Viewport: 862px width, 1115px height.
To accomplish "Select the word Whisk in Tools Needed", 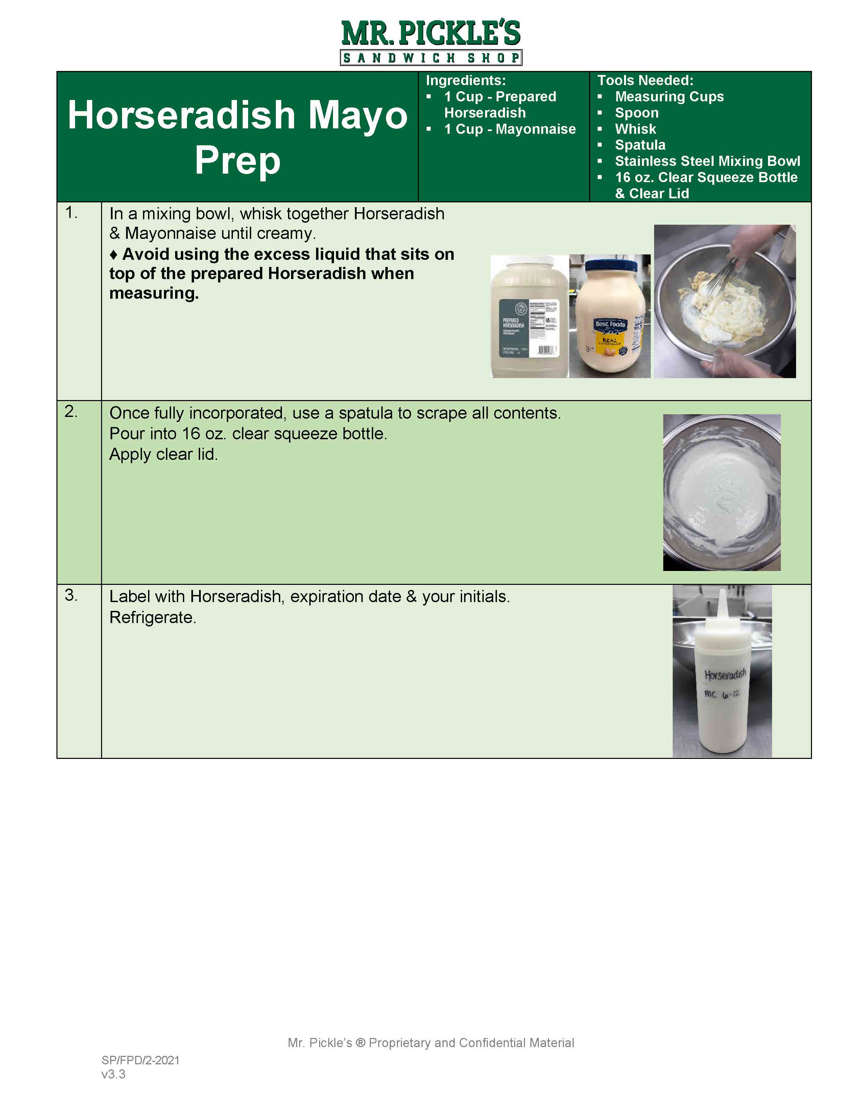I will click(635, 129).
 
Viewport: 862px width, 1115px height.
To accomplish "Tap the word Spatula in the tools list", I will click(640, 145).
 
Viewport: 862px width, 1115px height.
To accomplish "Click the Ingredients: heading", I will click(465, 81).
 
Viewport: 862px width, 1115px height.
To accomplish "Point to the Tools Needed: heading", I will click(645, 81).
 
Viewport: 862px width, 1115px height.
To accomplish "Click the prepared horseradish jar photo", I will click(529, 317).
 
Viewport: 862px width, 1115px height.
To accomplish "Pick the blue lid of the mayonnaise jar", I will click(611, 266).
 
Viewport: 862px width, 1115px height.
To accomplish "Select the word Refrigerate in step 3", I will click(152, 618).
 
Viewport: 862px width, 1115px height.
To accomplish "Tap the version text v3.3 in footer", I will click(113, 1074).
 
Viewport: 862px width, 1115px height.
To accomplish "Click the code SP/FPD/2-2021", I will click(140, 1060).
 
